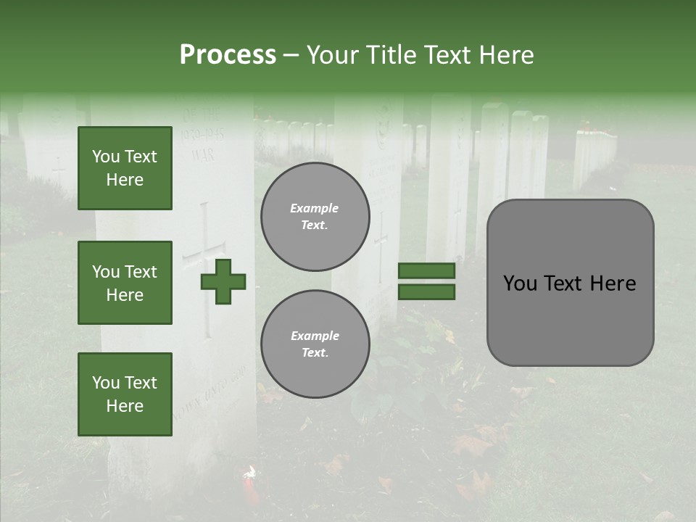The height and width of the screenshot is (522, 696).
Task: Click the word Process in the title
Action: pyautogui.click(x=228, y=55)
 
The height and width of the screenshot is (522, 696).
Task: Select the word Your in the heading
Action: pyautogui.click(x=334, y=55)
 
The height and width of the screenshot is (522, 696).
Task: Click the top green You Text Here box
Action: pyautogui.click(x=125, y=168)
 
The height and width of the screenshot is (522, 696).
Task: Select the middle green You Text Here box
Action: pyautogui.click(x=125, y=283)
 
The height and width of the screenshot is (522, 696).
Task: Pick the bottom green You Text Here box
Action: pyautogui.click(x=125, y=394)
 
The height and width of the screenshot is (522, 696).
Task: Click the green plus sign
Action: pyautogui.click(x=223, y=281)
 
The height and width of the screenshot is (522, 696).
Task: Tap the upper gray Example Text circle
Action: pyautogui.click(x=315, y=217)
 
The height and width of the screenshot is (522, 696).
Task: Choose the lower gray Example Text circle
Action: pyautogui.click(x=315, y=344)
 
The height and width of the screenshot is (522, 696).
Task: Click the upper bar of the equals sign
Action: pyautogui.click(x=426, y=270)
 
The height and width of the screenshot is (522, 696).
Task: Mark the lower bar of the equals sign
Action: pyautogui.click(x=426, y=292)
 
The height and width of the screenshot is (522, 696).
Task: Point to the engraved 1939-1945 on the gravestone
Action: pyautogui.click(x=201, y=136)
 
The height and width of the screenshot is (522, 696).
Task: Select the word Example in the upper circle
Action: pyautogui.click(x=314, y=209)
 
